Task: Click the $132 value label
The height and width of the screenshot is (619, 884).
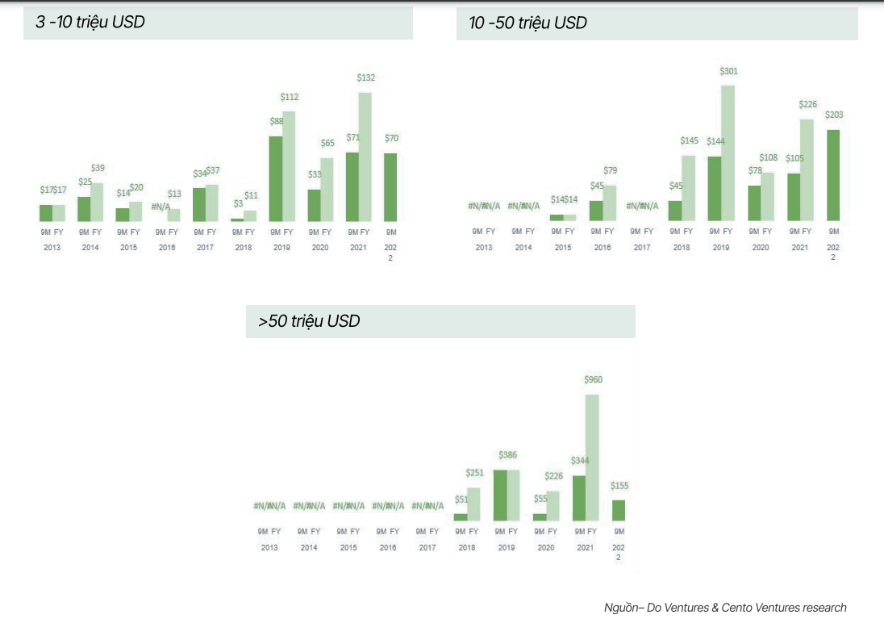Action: pyautogui.click(x=366, y=77)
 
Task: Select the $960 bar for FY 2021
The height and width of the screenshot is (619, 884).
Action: pyautogui.click(x=592, y=457)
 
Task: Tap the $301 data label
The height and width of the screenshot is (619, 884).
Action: pyautogui.click(x=728, y=71)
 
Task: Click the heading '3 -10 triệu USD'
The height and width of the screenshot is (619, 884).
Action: pyautogui.click(x=90, y=23)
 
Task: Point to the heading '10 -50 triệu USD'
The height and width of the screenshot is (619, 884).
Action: pyautogui.click(x=527, y=23)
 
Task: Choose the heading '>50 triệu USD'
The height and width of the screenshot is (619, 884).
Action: pyautogui.click(x=309, y=321)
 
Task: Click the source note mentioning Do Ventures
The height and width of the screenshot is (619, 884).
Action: pyautogui.click(x=725, y=607)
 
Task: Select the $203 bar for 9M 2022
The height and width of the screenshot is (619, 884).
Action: pyautogui.click(x=834, y=175)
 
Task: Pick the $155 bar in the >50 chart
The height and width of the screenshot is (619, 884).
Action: pyautogui.click(x=619, y=510)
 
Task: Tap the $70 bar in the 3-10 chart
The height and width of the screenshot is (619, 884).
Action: pyautogui.click(x=390, y=187)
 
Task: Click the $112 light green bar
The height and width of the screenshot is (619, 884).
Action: pyautogui.click(x=288, y=166)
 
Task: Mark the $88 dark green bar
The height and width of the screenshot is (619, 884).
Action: pyautogui.click(x=275, y=178)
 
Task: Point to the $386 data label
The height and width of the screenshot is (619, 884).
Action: pyautogui.click(x=507, y=456)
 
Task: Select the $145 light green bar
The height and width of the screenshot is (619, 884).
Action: pyautogui.click(x=688, y=188)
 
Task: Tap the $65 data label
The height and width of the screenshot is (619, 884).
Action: pyautogui.click(x=327, y=143)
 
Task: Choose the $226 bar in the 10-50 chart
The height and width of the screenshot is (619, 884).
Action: pyautogui.click(x=807, y=170)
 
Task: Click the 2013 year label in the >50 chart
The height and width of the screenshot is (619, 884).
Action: pyautogui.click(x=269, y=548)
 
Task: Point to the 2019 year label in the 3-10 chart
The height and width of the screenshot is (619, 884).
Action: pyautogui.click(x=281, y=248)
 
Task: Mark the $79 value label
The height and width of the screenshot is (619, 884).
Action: pyautogui.click(x=610, y=170)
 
